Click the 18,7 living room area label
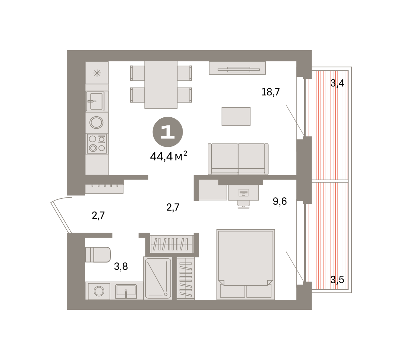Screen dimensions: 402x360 point(270,92)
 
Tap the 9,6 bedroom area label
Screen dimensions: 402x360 point(280,201)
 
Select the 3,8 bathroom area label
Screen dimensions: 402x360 point(121,266)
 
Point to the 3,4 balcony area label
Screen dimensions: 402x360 point(337,83)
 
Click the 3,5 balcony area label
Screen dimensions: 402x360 point(337,280)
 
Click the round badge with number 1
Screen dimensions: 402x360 point(167,132)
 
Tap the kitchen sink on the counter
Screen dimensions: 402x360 point(95,101)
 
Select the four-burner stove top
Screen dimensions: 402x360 point(97,143)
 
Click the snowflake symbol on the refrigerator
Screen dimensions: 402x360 point(97,73)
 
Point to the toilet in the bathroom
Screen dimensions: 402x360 point(98,254)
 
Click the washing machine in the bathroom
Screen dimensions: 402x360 point(99,291)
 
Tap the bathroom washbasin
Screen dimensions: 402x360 point(126,291)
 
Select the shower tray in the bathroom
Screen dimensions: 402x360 point(158,278)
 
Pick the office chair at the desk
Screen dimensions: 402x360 point(244,204)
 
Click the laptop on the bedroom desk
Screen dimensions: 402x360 point(244,192)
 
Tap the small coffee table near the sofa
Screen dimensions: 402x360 point(236,116)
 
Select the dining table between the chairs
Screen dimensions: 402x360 point(161,84)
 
